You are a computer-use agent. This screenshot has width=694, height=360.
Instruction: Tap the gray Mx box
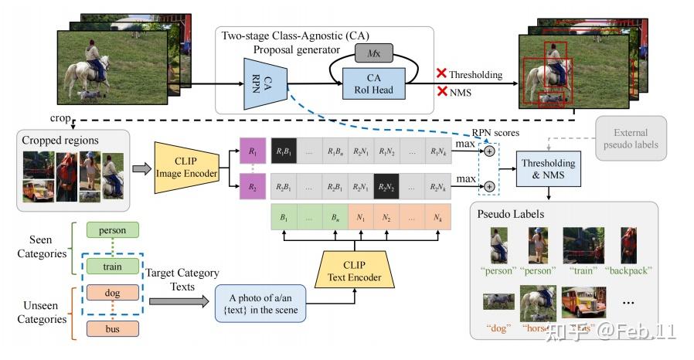(374, 53)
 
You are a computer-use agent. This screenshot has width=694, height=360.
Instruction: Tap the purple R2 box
(252, 186)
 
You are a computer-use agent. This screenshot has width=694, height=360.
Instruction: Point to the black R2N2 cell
(388, 186)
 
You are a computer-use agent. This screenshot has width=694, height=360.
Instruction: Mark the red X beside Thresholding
(442, 74)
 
